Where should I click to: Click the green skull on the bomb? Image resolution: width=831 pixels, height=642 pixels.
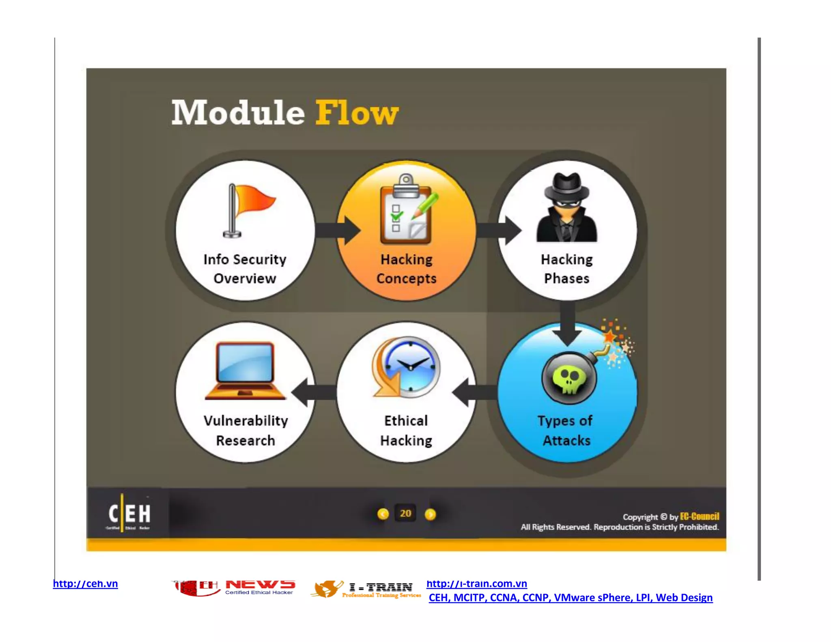coord(569,379)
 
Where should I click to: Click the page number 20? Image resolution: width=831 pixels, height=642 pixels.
coord(405,513)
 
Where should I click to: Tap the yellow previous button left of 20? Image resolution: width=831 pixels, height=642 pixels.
coord(383,514)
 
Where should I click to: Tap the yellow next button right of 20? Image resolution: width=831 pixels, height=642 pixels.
coord(430,514)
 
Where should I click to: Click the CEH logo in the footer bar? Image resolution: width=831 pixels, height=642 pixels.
coord(129,514)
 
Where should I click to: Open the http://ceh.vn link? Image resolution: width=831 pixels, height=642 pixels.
coord(85,584)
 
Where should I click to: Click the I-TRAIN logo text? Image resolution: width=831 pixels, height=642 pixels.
coord(381,587)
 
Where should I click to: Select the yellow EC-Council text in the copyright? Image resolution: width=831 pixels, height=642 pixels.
coord(700,516)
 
